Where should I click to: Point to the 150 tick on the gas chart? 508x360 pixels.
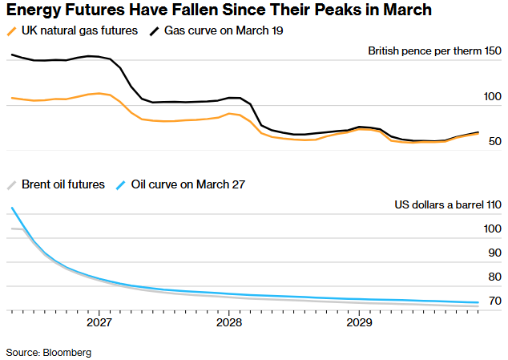(493, 51)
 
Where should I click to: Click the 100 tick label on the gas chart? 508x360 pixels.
(493, 97)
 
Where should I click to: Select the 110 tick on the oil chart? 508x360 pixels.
(493, 204)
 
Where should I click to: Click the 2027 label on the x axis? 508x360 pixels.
(99, 323)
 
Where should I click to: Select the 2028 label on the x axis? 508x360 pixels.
(228, 323)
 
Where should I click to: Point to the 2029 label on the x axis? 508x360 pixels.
(358, 323)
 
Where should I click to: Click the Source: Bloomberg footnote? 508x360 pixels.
(49, 352)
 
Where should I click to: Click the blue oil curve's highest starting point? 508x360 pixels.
(12, 208)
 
